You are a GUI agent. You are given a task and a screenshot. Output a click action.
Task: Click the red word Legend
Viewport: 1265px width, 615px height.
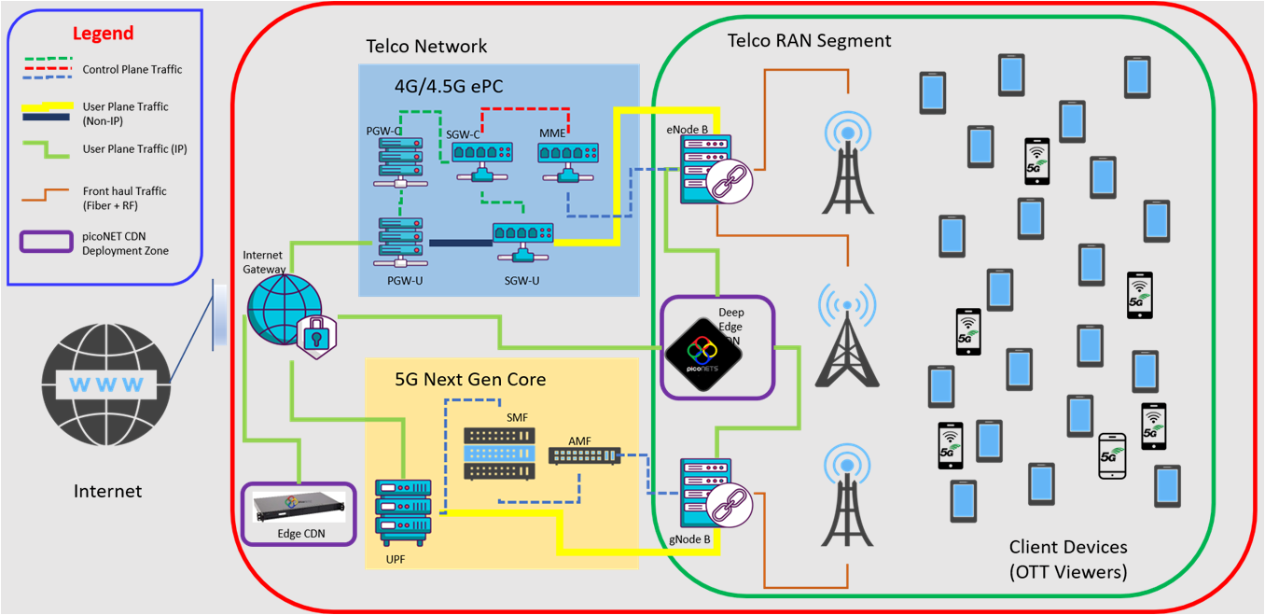point(104,34)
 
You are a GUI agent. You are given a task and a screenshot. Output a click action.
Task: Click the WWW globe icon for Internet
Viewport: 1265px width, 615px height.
point(105,384)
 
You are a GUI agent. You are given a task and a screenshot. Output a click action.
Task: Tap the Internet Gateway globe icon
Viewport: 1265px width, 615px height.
point(283,310)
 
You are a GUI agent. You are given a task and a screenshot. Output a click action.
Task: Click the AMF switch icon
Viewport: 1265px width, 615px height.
point(584,455)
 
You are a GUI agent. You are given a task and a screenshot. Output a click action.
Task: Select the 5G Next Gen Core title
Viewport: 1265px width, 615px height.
point(470,380)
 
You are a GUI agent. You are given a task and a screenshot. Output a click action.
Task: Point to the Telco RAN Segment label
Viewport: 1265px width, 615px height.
point(809,41)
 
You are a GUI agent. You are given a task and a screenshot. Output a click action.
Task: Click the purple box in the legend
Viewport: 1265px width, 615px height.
point(47,241)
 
